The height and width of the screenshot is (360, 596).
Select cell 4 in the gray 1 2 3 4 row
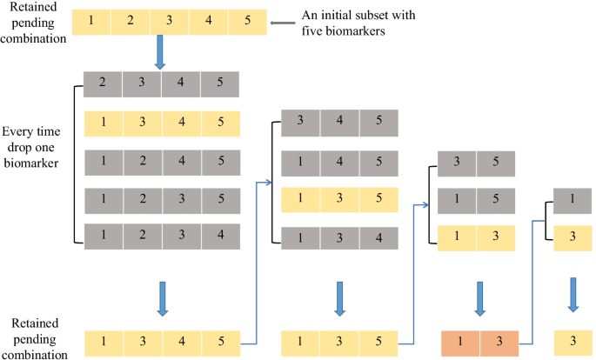219,236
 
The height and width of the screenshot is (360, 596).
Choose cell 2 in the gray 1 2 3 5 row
142,199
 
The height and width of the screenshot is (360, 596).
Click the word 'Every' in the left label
20,132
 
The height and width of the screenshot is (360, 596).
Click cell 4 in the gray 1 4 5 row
338,161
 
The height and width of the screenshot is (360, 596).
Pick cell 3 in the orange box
499,342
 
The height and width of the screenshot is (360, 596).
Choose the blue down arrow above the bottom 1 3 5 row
338,295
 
